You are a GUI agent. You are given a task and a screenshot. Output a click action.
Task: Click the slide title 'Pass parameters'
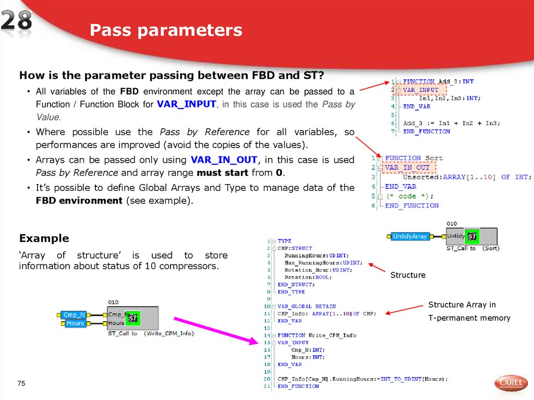(166, 30)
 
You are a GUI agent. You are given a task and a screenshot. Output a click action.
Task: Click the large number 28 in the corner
(16, 22)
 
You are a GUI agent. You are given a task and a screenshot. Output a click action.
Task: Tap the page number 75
(21, 384)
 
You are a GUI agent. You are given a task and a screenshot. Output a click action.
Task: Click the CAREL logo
(511, 383)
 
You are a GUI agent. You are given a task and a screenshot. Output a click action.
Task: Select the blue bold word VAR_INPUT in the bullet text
(186, 104)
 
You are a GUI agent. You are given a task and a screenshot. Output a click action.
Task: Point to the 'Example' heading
(44, 238)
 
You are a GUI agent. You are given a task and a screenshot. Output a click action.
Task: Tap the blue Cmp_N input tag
(74, 314)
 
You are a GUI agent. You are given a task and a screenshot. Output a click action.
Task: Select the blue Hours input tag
(75, 323)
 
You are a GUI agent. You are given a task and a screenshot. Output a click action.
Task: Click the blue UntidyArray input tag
(409, 236)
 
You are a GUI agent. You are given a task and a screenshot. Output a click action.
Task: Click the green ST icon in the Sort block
(472, 237)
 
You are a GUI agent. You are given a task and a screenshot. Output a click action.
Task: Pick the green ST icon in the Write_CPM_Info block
(132, 317)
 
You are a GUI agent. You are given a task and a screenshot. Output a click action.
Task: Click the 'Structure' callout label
(408, 275)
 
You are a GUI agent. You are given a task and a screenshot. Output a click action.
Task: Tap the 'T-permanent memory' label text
(469, 318)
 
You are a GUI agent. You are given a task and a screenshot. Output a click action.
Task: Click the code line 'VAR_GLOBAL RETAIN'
(307, 306)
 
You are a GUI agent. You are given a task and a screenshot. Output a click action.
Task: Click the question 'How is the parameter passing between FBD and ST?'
(172, 76)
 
